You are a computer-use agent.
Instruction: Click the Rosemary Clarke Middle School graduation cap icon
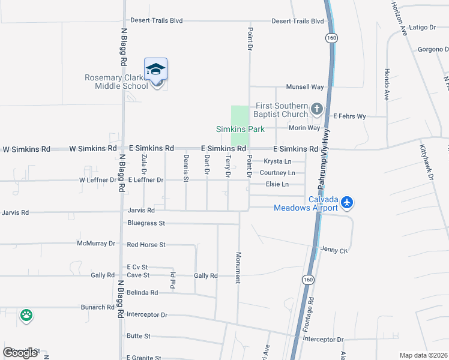point(155,70)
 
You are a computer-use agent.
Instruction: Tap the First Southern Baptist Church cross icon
point(316,110)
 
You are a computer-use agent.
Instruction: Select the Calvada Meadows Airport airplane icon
point(346,203)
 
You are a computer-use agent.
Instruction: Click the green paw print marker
point(26,316)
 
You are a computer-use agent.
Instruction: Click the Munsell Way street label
point(305,87)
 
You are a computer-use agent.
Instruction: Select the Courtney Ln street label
point(277,173)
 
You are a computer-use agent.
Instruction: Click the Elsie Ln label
point(277,184)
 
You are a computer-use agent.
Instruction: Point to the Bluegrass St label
point(146,223)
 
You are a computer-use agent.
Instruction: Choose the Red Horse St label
point(146,245)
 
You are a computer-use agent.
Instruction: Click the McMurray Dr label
point(95,244)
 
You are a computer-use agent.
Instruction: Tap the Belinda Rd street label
point(142,293)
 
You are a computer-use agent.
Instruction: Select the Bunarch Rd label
point(98,307)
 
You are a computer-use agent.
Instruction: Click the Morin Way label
point(306,128)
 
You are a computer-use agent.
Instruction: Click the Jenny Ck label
point(334,250)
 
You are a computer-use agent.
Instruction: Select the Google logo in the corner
point(21,353)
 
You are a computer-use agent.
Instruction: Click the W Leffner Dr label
point(97,180)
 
